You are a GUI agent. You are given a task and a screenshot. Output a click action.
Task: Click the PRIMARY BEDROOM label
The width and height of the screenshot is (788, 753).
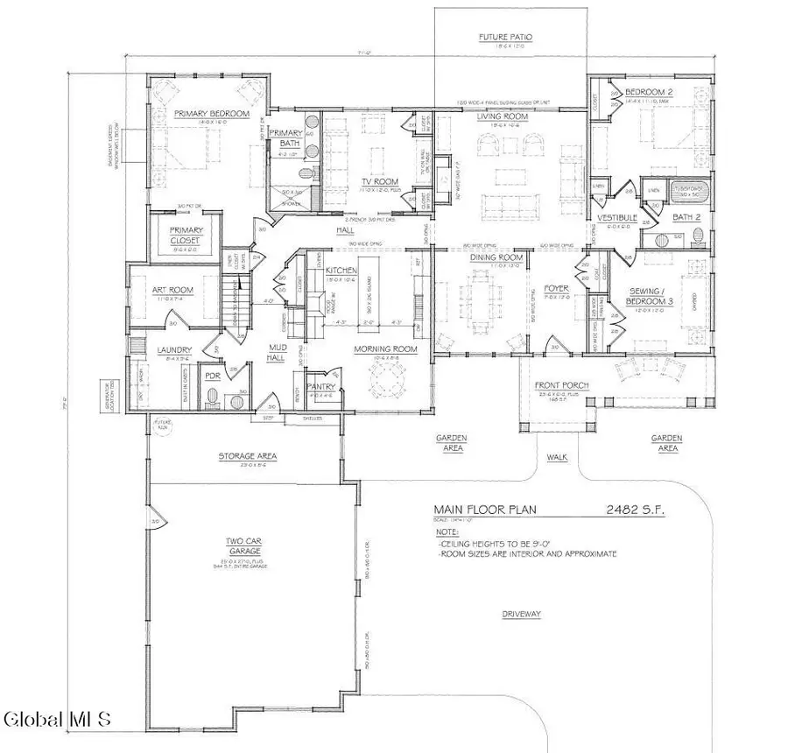point(211,115)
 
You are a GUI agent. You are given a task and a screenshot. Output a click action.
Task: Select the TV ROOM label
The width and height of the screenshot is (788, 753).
point(380,182)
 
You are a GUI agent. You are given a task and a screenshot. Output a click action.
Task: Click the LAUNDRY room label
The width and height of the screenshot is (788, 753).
point(175,352)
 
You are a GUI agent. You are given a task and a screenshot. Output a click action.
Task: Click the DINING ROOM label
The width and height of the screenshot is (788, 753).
point(498,258)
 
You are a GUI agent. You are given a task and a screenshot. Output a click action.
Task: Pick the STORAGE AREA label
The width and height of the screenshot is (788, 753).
point(241,456)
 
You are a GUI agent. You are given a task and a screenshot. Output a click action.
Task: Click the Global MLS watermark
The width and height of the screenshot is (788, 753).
point(59,720)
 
